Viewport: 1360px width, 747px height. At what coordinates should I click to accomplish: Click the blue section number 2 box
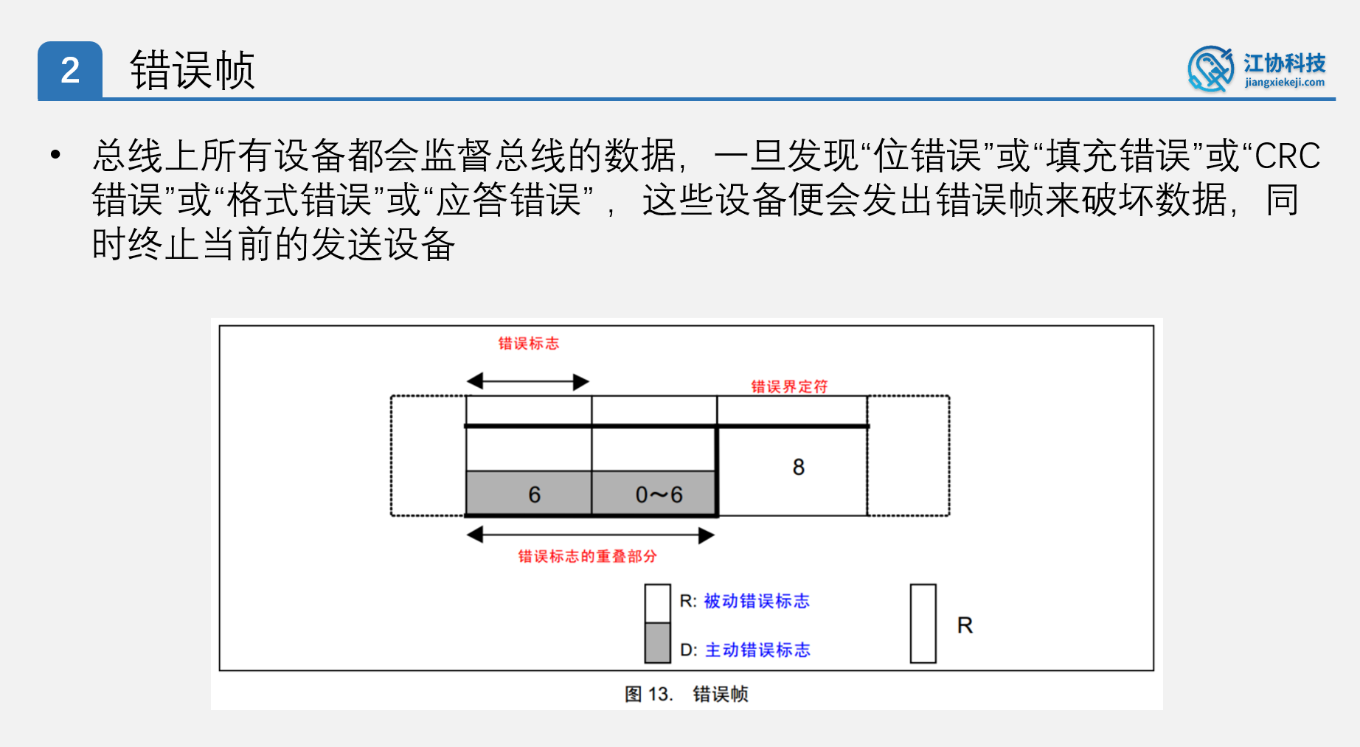[70, 71]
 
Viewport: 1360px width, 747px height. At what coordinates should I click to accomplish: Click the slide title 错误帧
[192, 71]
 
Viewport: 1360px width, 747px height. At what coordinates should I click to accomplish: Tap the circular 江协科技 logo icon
[1210, 69]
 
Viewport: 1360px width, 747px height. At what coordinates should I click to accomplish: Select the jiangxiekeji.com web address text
[1284, 83]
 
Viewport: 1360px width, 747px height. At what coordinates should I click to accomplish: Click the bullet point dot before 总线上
[55, 155]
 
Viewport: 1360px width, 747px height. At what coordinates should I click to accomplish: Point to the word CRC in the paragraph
[1287, 156]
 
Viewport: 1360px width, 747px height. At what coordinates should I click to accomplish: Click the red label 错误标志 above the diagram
[528, 344]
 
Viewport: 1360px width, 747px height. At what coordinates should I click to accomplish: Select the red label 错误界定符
[789, 386]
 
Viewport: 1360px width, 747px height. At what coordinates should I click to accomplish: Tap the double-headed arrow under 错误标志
[528, 381]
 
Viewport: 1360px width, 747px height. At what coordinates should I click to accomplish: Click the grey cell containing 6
[529, 493]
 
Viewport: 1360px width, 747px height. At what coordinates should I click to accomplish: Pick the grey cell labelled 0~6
[654, 493]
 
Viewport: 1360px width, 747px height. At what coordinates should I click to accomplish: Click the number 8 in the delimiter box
[798, 467]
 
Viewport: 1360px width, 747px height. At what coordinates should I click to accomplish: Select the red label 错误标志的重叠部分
[587, 556]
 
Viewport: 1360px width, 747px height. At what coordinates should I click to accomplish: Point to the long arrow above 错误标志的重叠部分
[590, 535]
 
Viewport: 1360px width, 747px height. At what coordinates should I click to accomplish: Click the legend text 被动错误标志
[757, 601]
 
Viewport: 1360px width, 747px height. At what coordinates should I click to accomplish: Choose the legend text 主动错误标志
[757, 650]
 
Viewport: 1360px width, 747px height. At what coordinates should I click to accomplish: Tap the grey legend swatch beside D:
[657, 642]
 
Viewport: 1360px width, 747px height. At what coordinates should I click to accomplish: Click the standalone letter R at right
[965, 625]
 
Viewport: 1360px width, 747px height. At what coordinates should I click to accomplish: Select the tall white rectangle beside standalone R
[923, 624]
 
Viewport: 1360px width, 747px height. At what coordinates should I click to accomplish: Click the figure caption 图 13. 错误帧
[686, 694]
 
